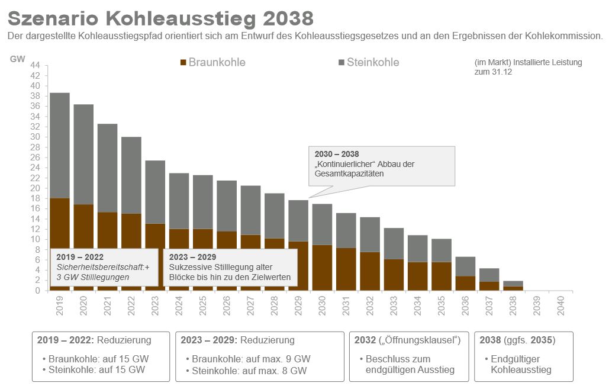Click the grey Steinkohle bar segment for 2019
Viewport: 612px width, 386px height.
(x=59, y=145)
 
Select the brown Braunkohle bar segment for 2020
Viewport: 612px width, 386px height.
(x=83, y=225)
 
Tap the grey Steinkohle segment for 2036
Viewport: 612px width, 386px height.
(x=465, y=266)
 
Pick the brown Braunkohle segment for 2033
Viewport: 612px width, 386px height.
(x=394, y=275)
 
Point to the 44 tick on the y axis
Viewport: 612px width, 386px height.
(x=35, y=65)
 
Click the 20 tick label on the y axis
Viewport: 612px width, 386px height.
(x=35, y=188)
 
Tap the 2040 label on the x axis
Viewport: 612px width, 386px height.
(x=561, y=305)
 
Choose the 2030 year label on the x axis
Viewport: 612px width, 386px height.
(x=323, y=305)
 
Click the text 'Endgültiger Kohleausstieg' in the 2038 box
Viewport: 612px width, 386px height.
(x=518, y=364)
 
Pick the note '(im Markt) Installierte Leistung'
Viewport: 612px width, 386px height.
(x=528, y=62)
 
